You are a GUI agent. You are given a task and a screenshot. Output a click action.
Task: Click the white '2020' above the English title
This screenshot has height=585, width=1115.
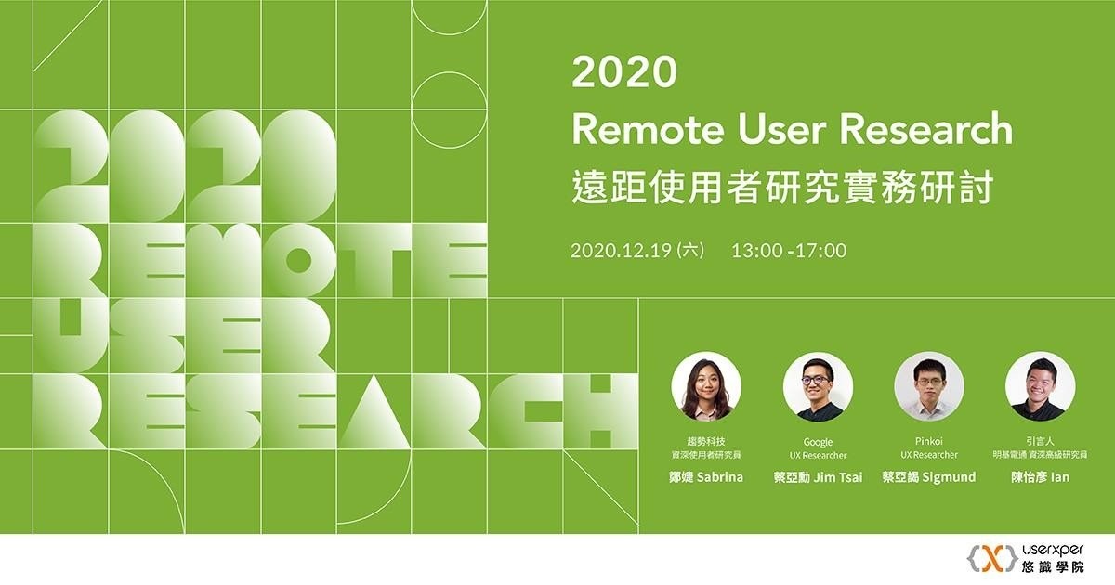coord(623,72)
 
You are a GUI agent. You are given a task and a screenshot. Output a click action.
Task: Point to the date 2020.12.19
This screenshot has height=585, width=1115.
coord(623,250)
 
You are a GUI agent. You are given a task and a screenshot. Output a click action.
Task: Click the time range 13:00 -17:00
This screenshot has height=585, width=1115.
coord(789,250)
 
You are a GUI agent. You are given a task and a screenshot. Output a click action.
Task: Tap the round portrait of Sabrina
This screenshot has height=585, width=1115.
coord(706,386)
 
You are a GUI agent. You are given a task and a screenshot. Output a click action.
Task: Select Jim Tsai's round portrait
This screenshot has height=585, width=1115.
coord(818,386)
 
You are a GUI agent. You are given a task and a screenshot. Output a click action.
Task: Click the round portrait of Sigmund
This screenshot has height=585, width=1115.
coord(929,386)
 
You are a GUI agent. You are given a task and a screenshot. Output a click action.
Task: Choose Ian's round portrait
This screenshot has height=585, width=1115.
coord(1041,386)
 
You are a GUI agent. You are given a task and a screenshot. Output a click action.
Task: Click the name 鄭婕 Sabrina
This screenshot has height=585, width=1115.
coord(706,477)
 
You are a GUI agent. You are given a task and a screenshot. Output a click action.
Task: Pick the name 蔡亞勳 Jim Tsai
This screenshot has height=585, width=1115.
coord(818,477)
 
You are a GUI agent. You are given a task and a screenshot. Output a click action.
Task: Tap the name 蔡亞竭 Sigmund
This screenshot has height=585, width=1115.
coord(928,477)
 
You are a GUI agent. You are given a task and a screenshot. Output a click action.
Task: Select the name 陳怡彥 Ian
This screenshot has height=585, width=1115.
coord(1041,477)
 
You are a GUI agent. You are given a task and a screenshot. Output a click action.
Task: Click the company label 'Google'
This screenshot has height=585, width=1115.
coord(818,442)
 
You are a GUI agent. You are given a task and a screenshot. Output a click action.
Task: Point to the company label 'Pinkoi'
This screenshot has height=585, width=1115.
coord(929,442)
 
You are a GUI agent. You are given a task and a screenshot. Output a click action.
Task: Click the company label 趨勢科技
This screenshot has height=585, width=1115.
coord(706,442)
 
